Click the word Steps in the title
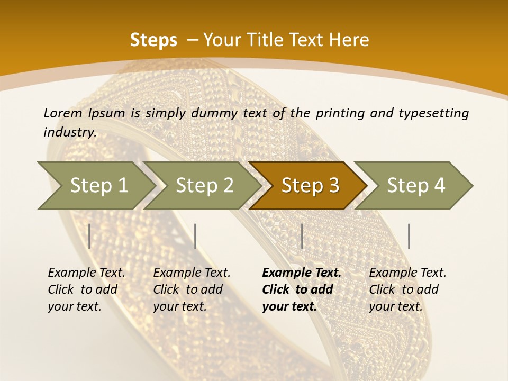(x=153, y=40)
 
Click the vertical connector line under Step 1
(x=89, y=236)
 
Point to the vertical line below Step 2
(x=195, y=236)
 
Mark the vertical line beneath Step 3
(x=302, y=236)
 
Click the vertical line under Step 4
(x=409, y=236)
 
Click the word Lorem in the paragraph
(x=63, y=113)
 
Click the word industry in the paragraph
(x=69, y=132)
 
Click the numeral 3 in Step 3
(x=333, y=186)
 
